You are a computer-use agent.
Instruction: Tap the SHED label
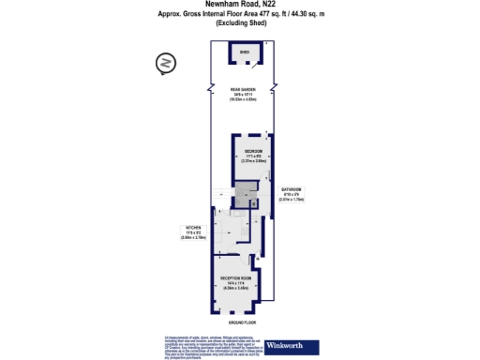[x=245, y=54]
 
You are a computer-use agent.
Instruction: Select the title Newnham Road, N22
[x=239, y=4]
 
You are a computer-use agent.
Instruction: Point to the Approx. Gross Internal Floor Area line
[x=239, y=13]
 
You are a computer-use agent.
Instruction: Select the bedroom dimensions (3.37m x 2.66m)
[x=252, y=160]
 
